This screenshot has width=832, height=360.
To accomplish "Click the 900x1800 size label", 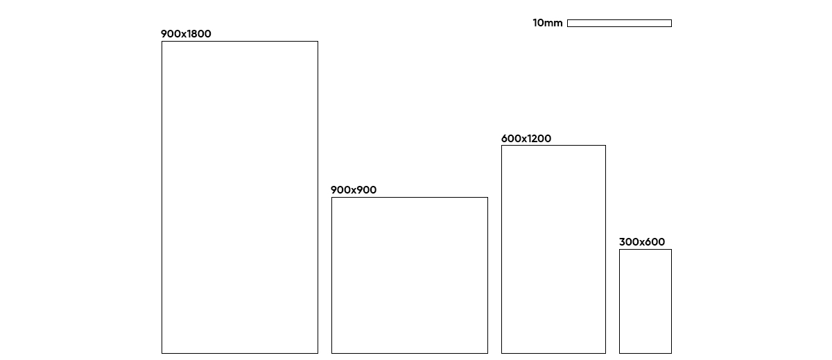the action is tap(186, 34).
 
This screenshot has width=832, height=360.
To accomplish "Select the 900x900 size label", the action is tap(354, 190).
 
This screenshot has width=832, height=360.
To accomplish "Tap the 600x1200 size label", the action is tap(526, 139).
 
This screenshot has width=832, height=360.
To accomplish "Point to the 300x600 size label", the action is tap(642, 242).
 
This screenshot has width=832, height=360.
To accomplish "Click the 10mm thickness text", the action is tap(548, 23).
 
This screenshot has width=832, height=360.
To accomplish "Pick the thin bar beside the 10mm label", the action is tap(619, 24).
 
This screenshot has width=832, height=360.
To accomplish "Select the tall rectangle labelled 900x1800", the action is tap(240, 198).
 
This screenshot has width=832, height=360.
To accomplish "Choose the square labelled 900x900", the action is tap(410, 275).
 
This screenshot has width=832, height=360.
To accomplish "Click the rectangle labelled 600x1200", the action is tap(553, 250).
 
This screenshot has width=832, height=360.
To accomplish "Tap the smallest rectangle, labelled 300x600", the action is tap(645, 302).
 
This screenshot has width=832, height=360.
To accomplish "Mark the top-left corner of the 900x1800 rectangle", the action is tap(162, 42).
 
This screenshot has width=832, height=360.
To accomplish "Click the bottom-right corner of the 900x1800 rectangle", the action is tap(318, 353).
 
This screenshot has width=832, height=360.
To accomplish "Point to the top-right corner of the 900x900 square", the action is tap(487, 198).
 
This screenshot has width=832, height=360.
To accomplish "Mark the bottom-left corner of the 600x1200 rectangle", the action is tap(502, 353).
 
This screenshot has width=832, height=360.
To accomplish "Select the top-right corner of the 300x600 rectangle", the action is tap(671, 250).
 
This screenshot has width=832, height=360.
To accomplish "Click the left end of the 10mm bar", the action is tap(568, 24).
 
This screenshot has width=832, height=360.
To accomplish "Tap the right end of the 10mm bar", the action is tap(671, 24).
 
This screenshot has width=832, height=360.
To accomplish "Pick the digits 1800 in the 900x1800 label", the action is tap(198, 34).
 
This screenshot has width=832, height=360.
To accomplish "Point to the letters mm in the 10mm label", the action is tap(554, 24).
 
